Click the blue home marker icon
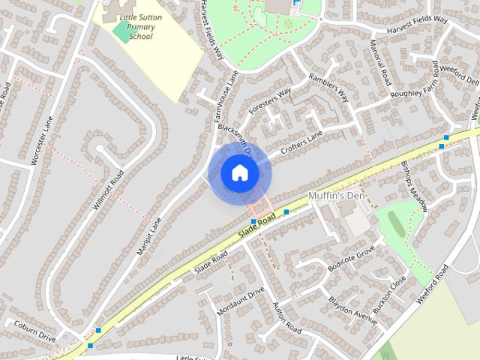[240, 172]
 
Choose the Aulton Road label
[286, 319]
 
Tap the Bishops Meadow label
[413, 187]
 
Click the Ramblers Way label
[329, 88]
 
